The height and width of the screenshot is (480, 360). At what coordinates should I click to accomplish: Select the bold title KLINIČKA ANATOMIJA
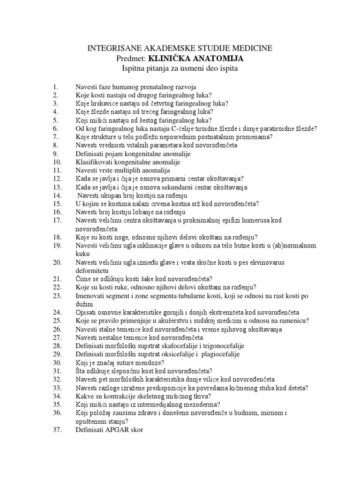pyautogui.click(x=196, y=59)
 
